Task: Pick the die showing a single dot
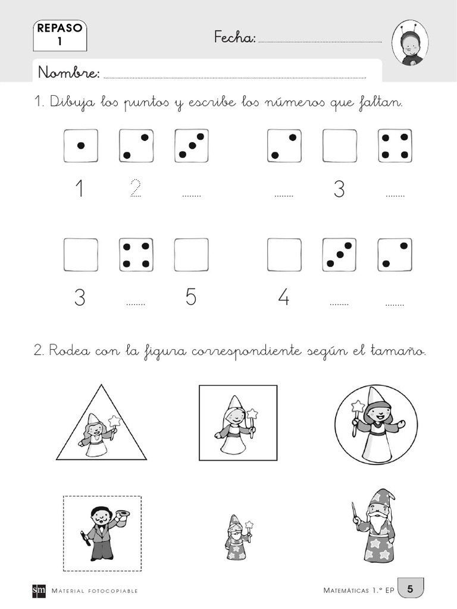pos(81,146)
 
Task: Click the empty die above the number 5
pos(191,255)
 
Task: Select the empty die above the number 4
pos(284,255)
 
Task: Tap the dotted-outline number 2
pos(136,189)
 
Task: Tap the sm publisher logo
pos(39,591)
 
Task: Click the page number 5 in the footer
pos(410,589)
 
